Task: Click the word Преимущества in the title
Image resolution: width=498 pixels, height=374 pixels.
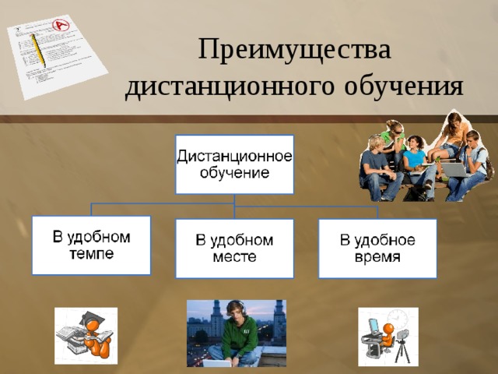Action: coord(294,50)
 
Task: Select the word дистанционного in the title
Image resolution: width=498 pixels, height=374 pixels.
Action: coord(230,87)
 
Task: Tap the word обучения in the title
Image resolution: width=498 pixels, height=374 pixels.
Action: coord(404,86)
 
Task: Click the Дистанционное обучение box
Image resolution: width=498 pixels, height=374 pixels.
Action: coord(234,164)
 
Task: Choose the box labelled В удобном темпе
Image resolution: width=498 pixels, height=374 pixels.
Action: coord(91,245)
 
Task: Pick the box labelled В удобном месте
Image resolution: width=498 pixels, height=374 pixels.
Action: coord(234,249)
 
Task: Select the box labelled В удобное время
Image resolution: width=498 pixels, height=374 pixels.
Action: coord(377,249)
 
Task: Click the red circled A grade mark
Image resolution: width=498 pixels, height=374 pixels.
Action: coord(61,24)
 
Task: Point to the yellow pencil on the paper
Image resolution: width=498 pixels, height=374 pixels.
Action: coord(38,51)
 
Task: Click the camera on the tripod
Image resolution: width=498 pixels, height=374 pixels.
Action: coord(403,336)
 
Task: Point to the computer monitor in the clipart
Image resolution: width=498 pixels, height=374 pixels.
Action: coord(373,326)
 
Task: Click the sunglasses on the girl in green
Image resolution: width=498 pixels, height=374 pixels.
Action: coord(398,132)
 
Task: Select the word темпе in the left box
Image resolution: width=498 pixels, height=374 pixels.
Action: coord(91,254)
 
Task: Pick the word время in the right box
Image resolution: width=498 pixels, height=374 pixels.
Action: coord(377,256)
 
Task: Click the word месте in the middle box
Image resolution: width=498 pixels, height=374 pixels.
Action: coord(234,256)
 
